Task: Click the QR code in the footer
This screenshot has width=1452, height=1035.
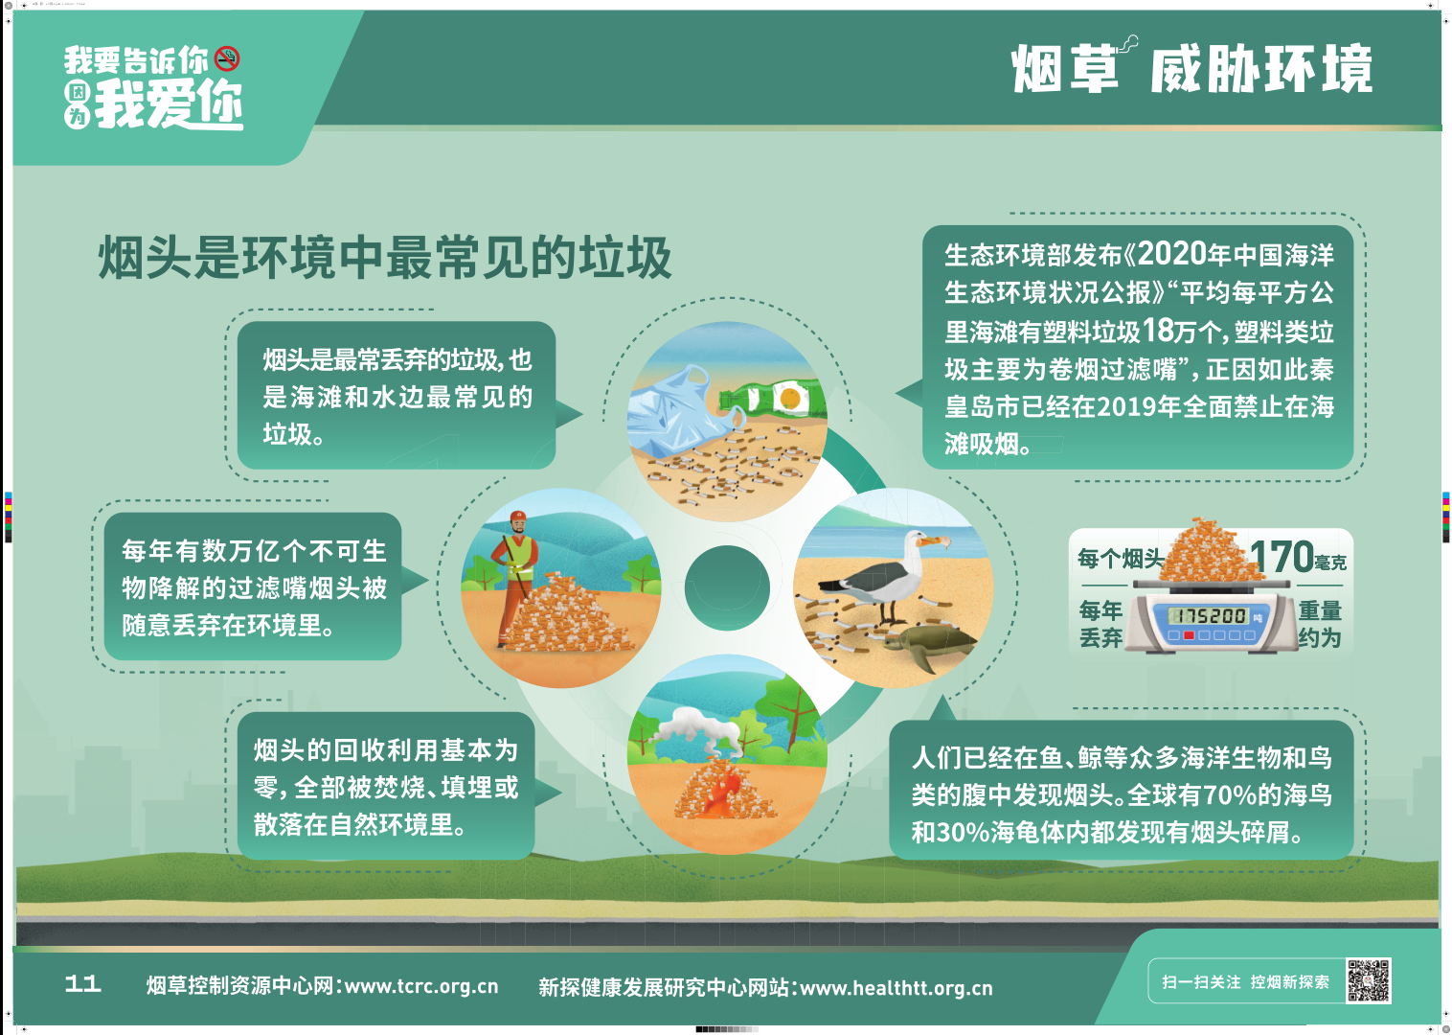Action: (x=1368, y=979)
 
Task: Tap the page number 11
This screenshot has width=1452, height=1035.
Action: (x=83, y=984)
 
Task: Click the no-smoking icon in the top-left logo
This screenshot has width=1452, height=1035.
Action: (x=227, y=58)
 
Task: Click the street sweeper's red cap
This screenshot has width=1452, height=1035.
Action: (x=518, y=517)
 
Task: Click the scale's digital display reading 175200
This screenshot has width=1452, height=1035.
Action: (x=1207, y=615)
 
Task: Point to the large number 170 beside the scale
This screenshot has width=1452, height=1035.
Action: (x=1281, y=557)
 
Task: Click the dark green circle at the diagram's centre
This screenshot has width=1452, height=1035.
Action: (x=727, y=587)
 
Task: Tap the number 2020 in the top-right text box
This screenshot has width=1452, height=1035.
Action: (x=1172, y=254)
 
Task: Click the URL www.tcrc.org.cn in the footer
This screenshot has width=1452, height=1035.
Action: (x=421, y=986)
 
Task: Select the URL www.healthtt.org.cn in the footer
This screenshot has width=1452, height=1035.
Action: (x=896, y=988)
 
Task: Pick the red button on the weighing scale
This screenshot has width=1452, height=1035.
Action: (x=1189, y=635)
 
